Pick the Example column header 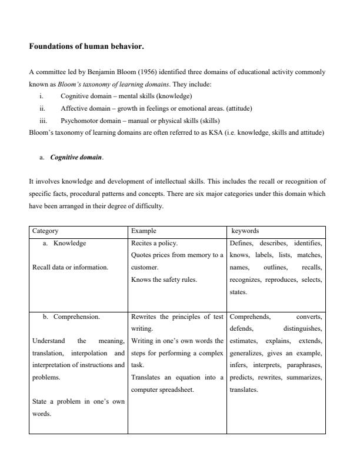tap(144, 231)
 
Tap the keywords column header tap(246, 231)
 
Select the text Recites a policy tap(154, 243)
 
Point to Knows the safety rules tap(164, 279)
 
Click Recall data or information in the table tap(70, 268)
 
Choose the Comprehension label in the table tap(76, 317)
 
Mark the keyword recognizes tap(247, 279)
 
